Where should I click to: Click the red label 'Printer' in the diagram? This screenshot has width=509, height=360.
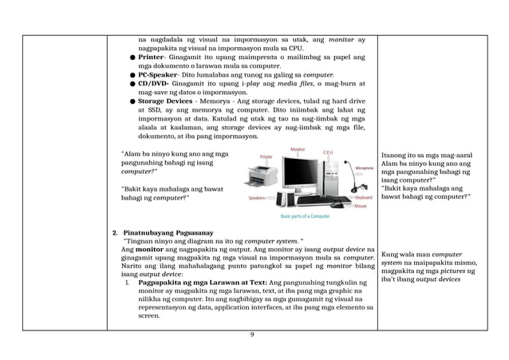[x=266, y=156]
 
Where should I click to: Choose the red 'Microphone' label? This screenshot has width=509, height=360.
[x=365, y=168]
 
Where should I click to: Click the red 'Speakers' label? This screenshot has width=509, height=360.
[x=257, y=196]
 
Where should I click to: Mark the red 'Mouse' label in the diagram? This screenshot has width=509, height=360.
[x=361, y=205]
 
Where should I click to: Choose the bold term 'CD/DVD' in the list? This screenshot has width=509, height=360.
[x=152, y=83]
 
